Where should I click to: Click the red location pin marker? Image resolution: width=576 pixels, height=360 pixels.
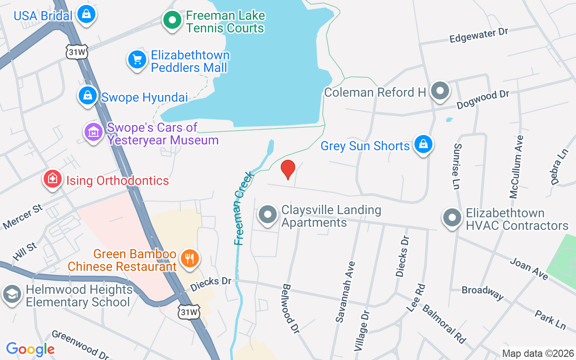[288, 169]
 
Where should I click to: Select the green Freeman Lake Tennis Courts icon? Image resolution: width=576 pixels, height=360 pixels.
[172, 20]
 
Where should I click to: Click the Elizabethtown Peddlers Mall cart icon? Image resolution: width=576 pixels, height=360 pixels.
[137, 60]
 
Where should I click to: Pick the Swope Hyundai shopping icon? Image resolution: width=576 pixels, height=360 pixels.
[88, 96]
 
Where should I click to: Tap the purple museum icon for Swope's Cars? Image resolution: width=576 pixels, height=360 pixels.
[93, 132]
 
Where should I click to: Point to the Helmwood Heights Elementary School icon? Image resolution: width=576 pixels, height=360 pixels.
[12, 294]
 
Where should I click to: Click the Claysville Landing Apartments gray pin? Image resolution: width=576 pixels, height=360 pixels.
[268, 215]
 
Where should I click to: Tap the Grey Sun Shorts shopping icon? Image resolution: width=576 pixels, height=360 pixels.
[423, 144]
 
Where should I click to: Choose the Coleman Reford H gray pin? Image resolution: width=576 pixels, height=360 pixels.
[440, 91]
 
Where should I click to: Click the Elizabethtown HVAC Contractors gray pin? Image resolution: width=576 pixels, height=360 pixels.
[452, 218]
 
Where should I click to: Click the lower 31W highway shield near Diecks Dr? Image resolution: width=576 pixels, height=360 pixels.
[188, 312]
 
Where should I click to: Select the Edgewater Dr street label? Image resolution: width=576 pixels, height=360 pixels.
[478, 36]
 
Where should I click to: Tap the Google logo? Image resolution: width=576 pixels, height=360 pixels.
[30, 349]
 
